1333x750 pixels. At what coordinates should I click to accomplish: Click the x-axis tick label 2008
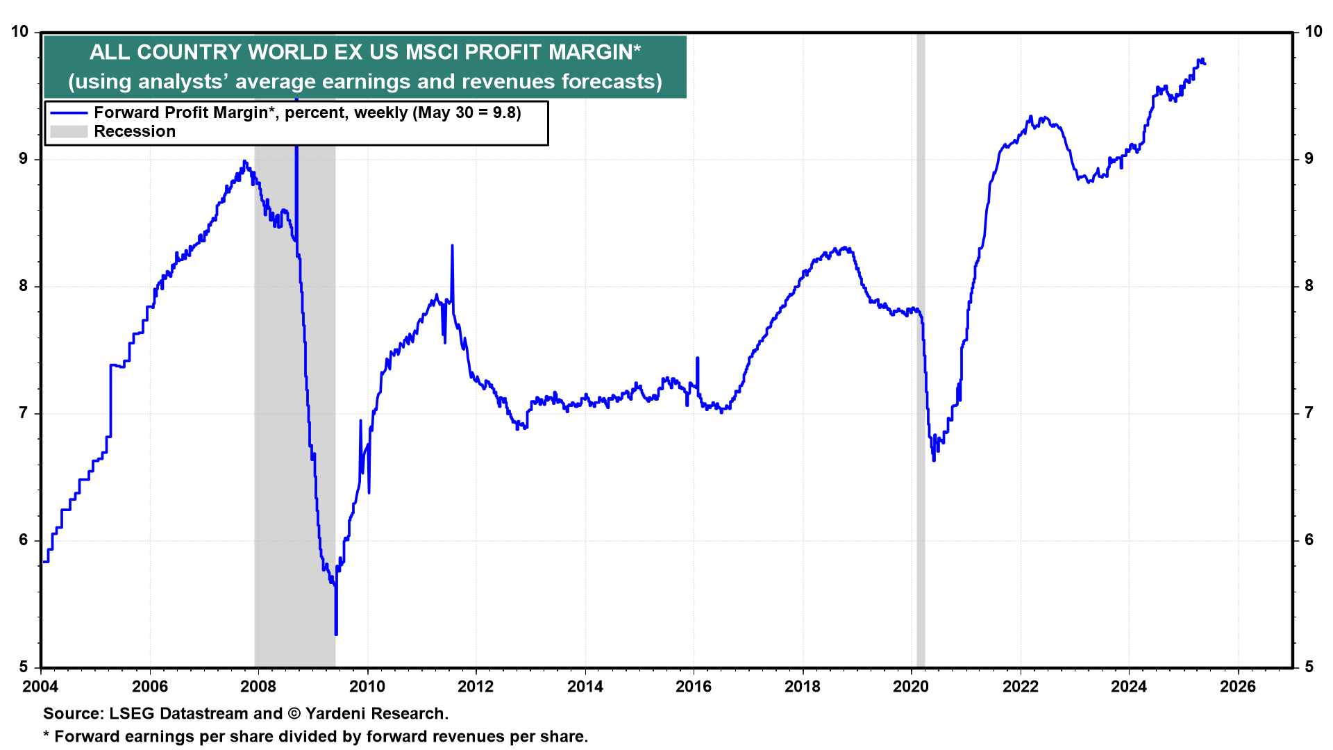click(258, 687)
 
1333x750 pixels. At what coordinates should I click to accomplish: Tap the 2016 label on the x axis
click(694, 687)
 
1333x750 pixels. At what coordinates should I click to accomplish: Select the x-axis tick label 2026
click(1238, 687)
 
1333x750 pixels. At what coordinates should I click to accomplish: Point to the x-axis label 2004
click(41, 687)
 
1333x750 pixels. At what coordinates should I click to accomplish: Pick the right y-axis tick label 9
click(1309, 159)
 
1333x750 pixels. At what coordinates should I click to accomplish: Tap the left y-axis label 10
click(20, 32)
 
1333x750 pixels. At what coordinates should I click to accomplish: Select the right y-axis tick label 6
click(1309, 540)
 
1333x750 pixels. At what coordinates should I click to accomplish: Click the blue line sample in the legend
click(69, 113)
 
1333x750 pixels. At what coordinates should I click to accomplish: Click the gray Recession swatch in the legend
click(69, 132)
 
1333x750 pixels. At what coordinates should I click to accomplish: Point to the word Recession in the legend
click(135, 132)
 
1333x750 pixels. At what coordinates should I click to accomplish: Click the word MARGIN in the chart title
click(590, 52)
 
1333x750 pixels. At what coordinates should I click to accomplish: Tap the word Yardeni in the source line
click(338, 714)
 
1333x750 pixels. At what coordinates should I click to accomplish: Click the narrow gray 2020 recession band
click(921, 347)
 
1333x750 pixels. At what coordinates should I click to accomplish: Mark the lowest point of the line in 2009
click(336, 633)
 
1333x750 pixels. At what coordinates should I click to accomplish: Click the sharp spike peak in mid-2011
click(452, 246)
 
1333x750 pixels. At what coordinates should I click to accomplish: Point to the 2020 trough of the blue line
click(934, 460)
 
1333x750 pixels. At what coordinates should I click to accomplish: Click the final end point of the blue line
click(1205, 64)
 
